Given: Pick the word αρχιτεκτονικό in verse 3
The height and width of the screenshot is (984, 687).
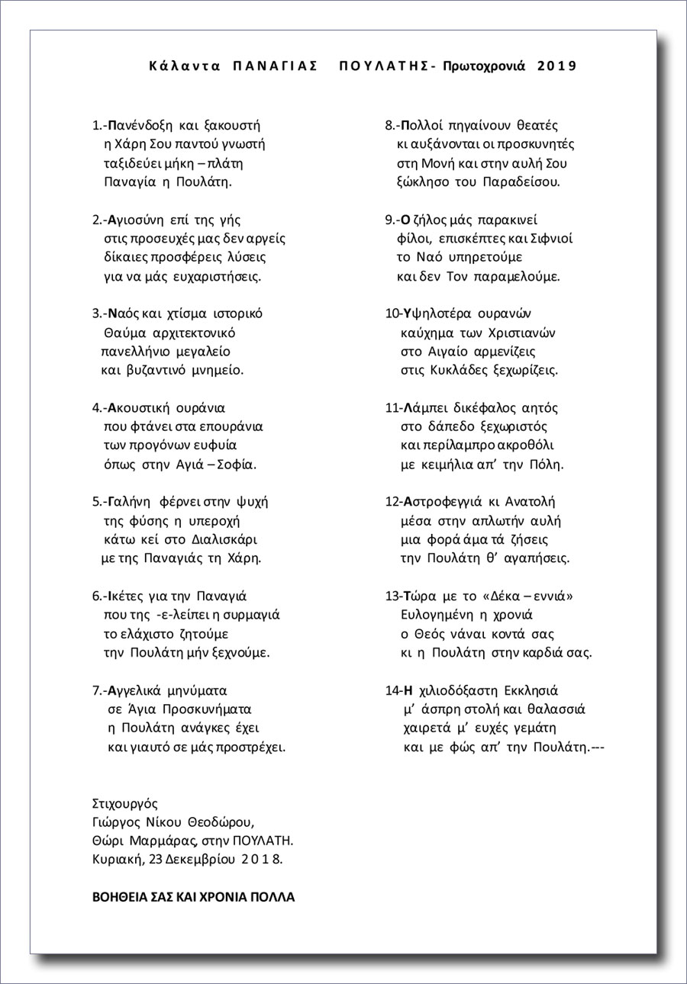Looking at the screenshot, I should click(x=196, y=333).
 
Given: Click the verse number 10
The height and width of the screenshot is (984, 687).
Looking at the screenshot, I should click(x=391, y=314).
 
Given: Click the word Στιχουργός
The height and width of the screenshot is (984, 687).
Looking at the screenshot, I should click(x=124, y=803).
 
